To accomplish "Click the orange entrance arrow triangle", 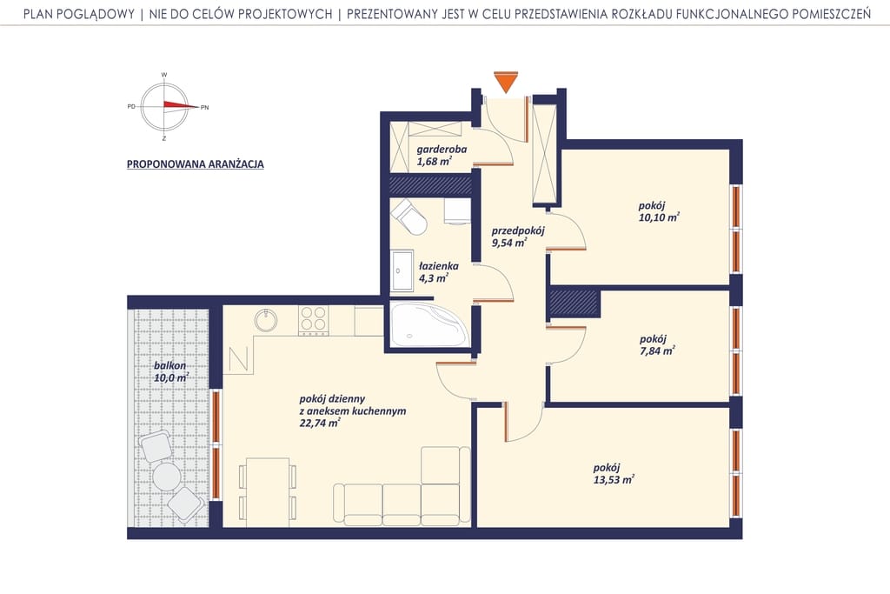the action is (x=506, y=80).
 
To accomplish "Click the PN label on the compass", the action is (x=205, y=107).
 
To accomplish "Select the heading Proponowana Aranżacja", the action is (x=196, y=164).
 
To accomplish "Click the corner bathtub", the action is (x=428, y=324).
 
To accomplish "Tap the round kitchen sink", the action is (x=266, y=320).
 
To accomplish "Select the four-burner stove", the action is (x=313, y=320).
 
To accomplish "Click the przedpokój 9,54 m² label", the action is (x=518, y=237).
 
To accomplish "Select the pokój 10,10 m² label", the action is (x=659, y=211).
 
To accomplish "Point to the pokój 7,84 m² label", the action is (x=657, y=344).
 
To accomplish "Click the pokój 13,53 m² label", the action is (x=613, y=474).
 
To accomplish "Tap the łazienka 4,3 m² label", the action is (x=438, y=272).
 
